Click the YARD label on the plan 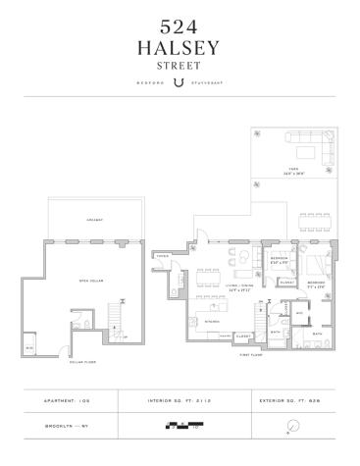(x=292, y=168)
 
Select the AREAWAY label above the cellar (x=95, y=219)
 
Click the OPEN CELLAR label (x=92, y=280)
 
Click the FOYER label (x=162, y=256)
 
